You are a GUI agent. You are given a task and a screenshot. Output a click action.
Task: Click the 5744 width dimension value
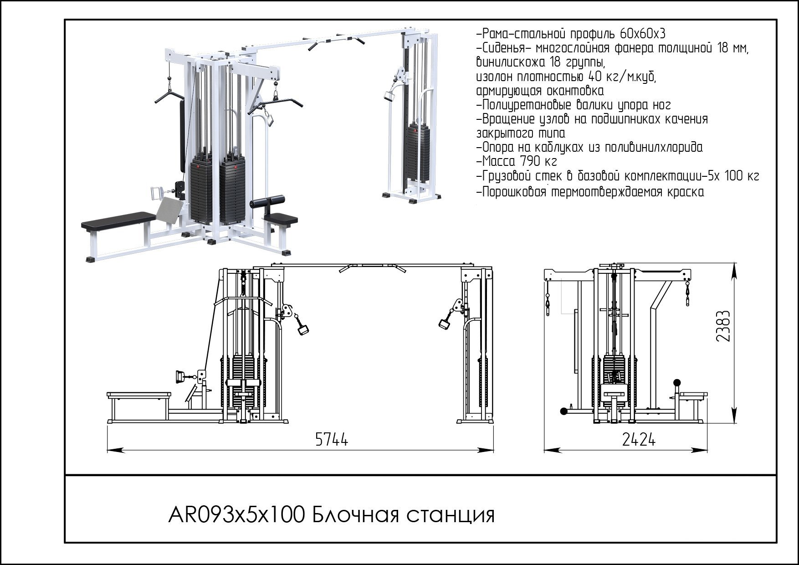coord(331,440)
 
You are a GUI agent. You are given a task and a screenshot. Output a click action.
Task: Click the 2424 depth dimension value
coord(639,440)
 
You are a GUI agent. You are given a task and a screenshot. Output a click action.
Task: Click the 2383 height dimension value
coord(723,326)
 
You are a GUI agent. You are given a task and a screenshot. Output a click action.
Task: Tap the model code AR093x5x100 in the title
coord(236,515)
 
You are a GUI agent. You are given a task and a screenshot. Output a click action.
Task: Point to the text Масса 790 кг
coord(517,161)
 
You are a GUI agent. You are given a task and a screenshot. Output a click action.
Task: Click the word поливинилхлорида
coord(654,148)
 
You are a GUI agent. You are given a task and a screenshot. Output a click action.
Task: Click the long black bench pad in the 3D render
coord(118,220)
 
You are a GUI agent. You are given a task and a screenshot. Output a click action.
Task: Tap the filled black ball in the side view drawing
coord(677,382)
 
